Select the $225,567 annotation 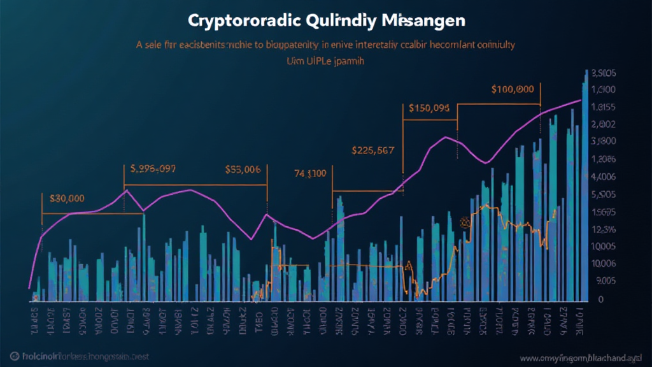click(372, 151)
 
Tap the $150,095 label click(429, 108)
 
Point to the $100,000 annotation click(513, 90)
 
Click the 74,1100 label click(310, 173)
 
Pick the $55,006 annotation click(243, 169)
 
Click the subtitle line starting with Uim click(325, 62)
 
